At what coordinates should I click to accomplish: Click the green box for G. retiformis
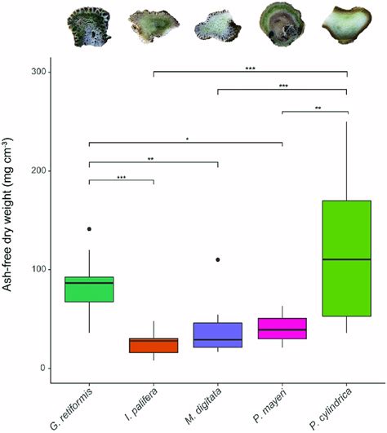pyautogui.click(x=89, y=289)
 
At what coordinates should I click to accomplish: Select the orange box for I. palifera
pyautogui.click(x=153, y=345)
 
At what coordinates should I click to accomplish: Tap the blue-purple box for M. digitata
pyautogui.click(x=218, y=335)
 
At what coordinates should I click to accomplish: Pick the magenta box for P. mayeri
pyautogui.click(x=282, y=328)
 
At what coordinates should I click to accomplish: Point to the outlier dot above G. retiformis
pyautogui.click(x=89, y=229)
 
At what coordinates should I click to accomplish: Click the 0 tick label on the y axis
pyautogui.click(x=42, y=369)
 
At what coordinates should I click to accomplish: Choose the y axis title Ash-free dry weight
pyautogui.click(x=12, y=220)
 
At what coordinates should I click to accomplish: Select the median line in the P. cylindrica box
pyautogui.click(x=347, y=259)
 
